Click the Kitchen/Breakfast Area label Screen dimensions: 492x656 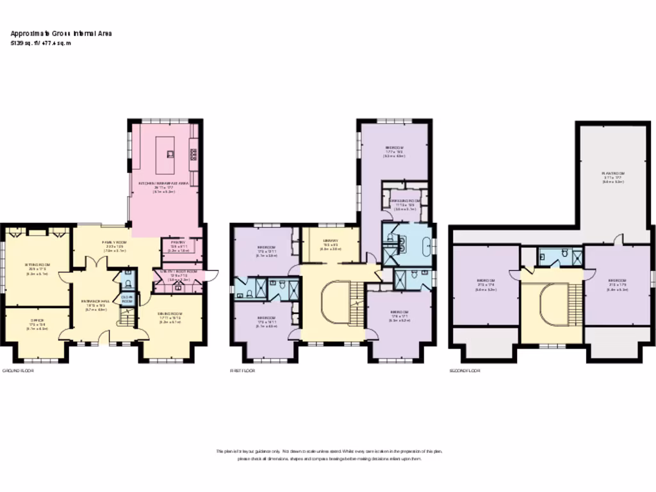pyautogui.click(x=165, y=183)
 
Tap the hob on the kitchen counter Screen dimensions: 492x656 pyautogui.click(x=193, y=154)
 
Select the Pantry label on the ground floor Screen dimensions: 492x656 pyautogui.click(x=177, y=243)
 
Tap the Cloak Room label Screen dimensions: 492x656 pyautogui.click(x=127, y=299)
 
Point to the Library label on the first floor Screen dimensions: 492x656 pyautogui.click(x=330, y=242)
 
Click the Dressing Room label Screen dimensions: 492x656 pyautogui.click(x=405, y=201)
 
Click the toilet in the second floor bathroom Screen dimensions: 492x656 pyautogui.click(x=564, y=255)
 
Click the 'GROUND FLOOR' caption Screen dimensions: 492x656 pyautogui.click(x=17, y=371)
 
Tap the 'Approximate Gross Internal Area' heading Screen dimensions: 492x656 pyautogui.click(x=61, y=33)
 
